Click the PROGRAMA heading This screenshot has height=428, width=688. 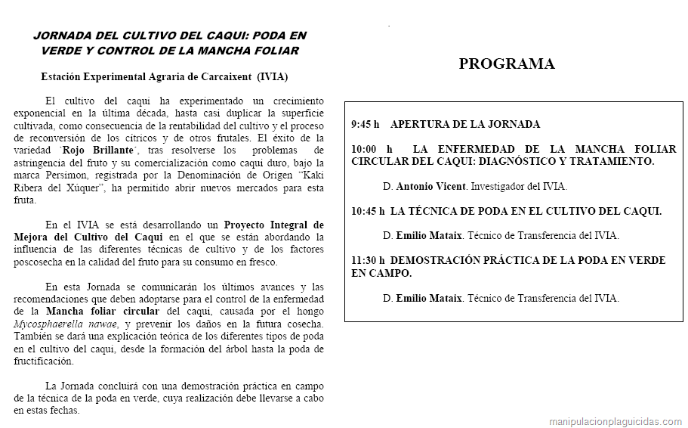pyautogui.click(x=506, y=64)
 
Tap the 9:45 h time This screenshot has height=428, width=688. pyautogui.click(x=365, y=124)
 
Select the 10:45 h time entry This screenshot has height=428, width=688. pyautogui.click(x=368, y=211)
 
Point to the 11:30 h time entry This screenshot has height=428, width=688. pyautogui.click(x=368, y=260)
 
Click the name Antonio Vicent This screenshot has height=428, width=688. pyautogui.click(x=430, y=186)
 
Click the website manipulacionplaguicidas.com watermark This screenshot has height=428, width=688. pyautogui.click(x=615, y=421)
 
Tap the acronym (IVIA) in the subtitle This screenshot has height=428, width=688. pyautogui.click(x=272, y=77)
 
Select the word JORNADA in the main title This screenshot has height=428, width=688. pyautogui.click(x=63, y=36)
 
